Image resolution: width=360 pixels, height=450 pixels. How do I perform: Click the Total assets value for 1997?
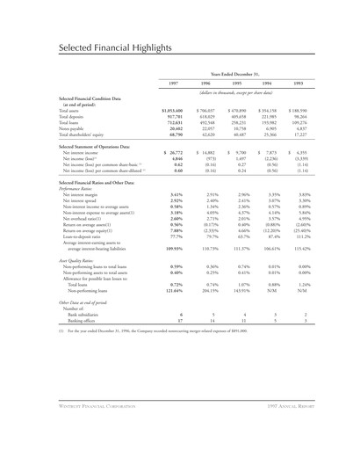[169, 109]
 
